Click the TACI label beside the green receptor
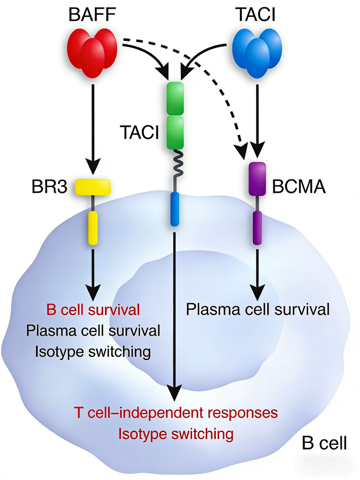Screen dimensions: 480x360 139,132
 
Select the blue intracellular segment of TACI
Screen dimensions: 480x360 175,209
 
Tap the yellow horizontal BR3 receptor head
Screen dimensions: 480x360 92,187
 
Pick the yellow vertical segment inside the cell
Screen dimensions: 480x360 92,228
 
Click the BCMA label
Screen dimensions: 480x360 298,187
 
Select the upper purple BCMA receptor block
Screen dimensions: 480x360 257,179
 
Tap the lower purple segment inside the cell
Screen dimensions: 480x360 257,228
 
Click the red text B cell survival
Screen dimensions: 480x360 93,309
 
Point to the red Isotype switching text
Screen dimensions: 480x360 176,433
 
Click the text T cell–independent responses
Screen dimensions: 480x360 176,412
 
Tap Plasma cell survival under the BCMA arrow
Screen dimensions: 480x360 258,309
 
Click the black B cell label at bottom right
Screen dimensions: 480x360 324,443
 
